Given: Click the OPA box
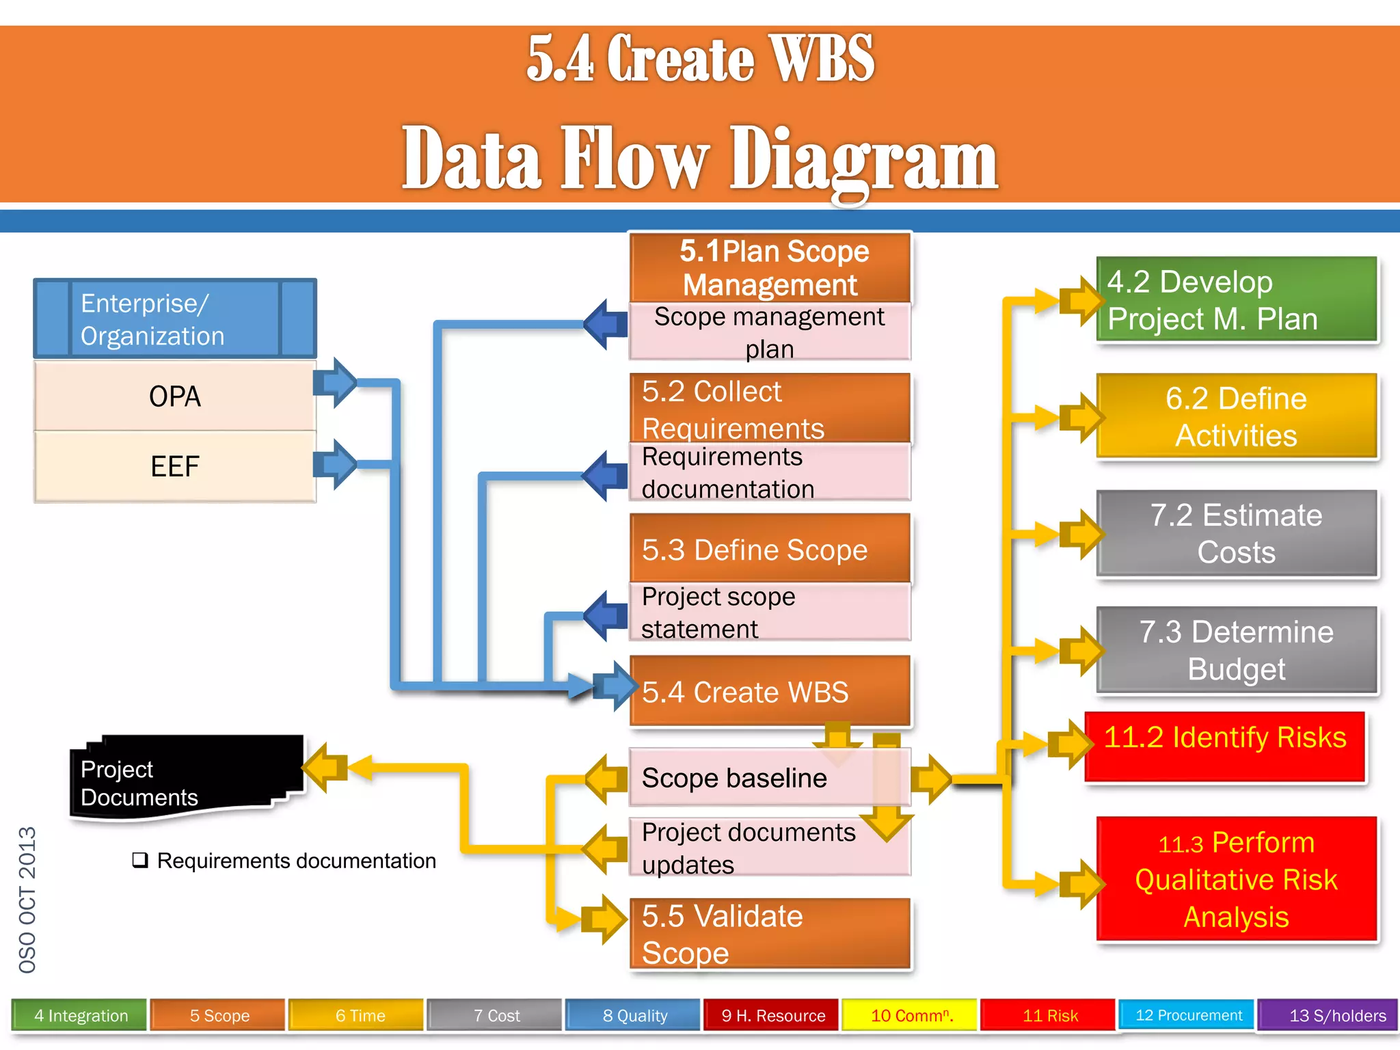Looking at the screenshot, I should click(175, 396).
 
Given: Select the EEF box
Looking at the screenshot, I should click(175, 467).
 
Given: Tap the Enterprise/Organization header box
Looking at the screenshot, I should click(175, 319).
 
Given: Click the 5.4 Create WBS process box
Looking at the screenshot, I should click(770, 691).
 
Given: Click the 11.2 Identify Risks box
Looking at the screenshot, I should click(1225, 745).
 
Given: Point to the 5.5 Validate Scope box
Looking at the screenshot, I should click(770, 934).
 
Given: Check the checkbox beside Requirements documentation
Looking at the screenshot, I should click(140, 860).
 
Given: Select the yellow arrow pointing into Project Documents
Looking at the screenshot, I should click(325, 767).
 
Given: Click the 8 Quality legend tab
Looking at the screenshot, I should click(634, 1015).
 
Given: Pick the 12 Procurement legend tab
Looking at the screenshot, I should click(1188, 1015).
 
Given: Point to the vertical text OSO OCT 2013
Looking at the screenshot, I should click(27, 900).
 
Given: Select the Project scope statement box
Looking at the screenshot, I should click(770, 612).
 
